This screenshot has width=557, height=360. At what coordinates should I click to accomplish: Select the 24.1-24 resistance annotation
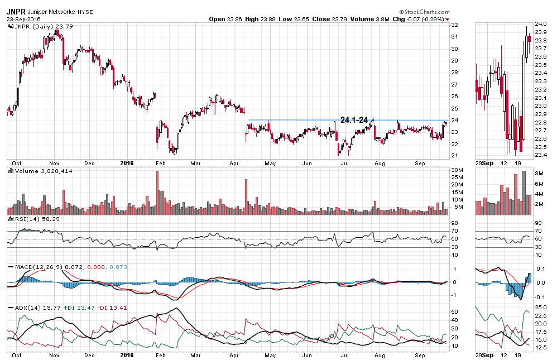click(x=354, y=119)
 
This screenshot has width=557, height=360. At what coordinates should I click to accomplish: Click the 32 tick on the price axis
click(x=455, y=25)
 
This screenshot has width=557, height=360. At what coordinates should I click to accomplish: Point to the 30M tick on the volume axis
click(x=457, y=170)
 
